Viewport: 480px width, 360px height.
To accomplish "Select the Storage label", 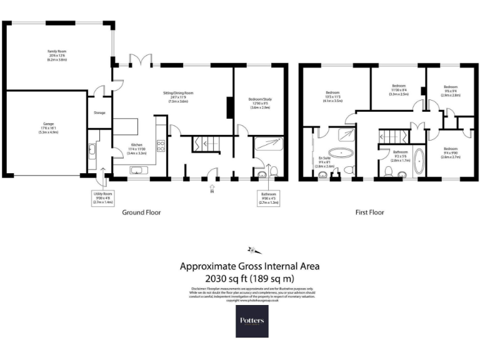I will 99,113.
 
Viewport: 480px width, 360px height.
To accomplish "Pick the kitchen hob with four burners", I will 160,147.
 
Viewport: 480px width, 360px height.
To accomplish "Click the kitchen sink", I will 138,170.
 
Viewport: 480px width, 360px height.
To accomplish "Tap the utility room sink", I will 92,150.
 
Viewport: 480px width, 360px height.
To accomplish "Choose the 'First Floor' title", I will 369,212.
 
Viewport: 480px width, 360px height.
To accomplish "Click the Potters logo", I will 252,321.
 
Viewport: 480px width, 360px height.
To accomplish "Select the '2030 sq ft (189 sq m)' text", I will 250,278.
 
